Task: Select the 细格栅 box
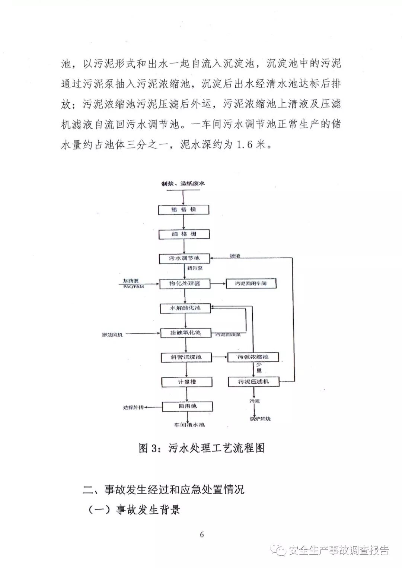[184, 234]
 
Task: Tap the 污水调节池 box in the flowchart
[184, 258]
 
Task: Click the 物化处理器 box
[185, 283]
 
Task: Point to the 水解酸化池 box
[185, 308]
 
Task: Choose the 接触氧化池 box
[185, 332]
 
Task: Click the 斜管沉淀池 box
[186, 357]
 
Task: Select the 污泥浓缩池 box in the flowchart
[253, 357]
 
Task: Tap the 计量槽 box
[186, 382]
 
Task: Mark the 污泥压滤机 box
[253, 382]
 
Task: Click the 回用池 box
[187, 406]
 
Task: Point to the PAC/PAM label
[133, 287]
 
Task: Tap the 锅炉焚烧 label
[260, 419]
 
